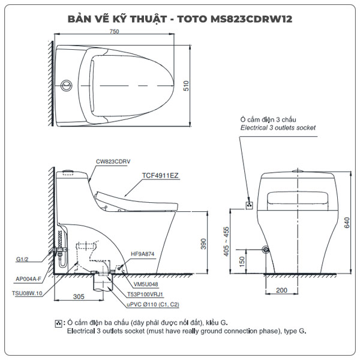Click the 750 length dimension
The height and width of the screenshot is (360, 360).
(x=115, y=31)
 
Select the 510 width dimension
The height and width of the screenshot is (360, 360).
(x=186, y=86)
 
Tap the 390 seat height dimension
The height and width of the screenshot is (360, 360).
(x=203, y=244)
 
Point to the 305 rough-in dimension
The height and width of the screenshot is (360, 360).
(x=79, y=296)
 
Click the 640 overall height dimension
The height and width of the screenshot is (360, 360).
(x=347, y=223)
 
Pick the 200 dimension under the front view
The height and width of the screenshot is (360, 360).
(x=282, y=290)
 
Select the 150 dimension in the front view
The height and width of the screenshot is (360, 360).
(x=242, y=262)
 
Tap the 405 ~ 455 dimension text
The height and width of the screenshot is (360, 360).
(x=226, y=241)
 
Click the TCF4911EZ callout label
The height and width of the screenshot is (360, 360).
(x=160, y=175)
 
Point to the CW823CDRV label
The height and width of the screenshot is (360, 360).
(x=113, y=161)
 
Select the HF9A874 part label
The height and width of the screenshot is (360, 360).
(x=143, y=254)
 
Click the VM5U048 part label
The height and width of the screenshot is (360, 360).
(x=146, y=284)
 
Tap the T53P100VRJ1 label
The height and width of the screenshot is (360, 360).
(x=145, y=294)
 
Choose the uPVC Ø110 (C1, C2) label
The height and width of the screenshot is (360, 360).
(x=153, y=304)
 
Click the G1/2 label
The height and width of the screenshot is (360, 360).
(x=22, y=259)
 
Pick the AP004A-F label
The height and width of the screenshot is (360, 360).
(x=28, y=279)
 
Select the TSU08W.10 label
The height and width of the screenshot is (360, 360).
(x=27, y=293)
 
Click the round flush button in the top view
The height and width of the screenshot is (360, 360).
(x=66, y=85)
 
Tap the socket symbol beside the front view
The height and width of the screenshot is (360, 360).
(x=250, y=205)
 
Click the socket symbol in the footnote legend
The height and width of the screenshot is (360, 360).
(x=59, y=323)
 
